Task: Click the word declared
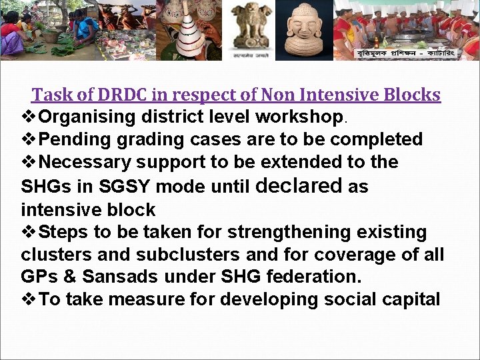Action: pyautogui.click(x=298, y=186)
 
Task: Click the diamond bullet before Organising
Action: pyautogui.click(x=29, y=117)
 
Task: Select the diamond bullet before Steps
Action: pyautogui.click(x=29, y=233)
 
